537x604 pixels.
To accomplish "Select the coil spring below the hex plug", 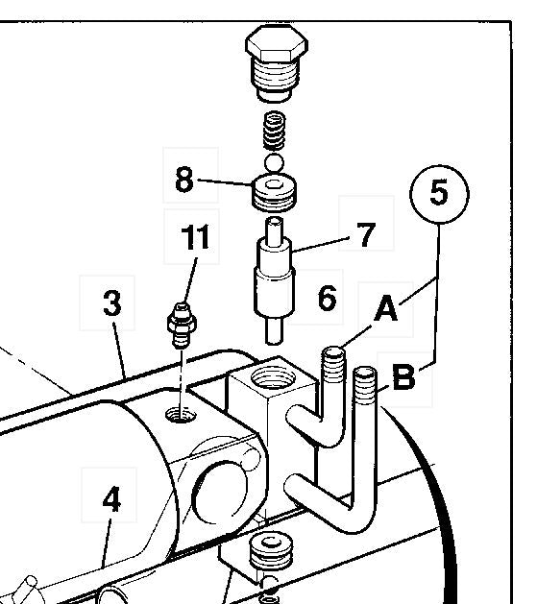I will click(x=275, y=129).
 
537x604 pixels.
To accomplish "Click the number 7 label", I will click(x=365, y=233).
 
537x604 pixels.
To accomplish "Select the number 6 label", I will click(x=327, y=299).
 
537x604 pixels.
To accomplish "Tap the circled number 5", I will click(x=438, y=192).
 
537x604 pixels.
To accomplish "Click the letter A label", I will click(x=385, y=309).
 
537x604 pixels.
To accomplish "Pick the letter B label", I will click(x=403, y=377).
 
